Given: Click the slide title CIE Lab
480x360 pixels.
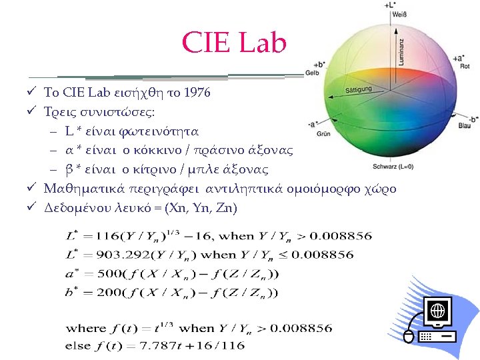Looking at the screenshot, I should (x=234, y=44).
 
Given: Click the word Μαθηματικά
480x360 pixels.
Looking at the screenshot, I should (x=79, y=189).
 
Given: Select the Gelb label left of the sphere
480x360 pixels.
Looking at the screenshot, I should (x=311, y=73).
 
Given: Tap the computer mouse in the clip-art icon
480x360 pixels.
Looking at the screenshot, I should (x=409, y=336).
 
